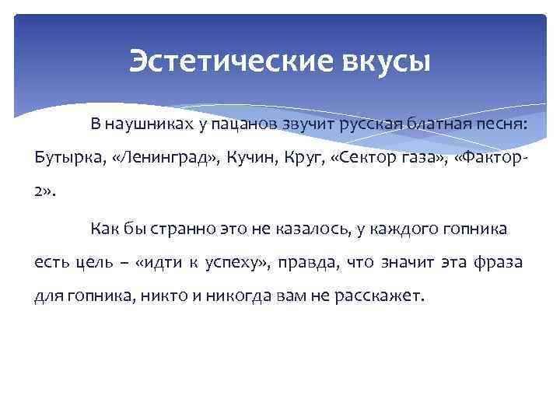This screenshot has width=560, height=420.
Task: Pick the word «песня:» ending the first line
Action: pos(501,123)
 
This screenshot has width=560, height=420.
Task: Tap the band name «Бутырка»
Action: pos(69,158)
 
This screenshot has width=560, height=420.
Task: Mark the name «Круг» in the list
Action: pos(306,158)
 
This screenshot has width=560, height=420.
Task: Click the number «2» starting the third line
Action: pos(40,193)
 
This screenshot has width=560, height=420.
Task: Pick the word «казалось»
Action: pos(312,229)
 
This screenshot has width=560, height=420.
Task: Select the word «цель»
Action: pos(94,264)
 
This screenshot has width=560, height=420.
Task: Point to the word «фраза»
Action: pos(497,264)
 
